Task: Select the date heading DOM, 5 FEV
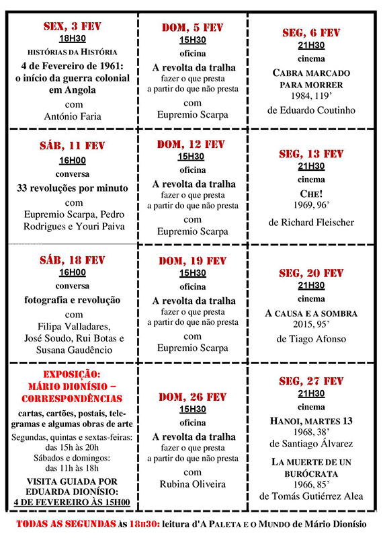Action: coord(192,28)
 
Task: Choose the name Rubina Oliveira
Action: coord(192,483)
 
